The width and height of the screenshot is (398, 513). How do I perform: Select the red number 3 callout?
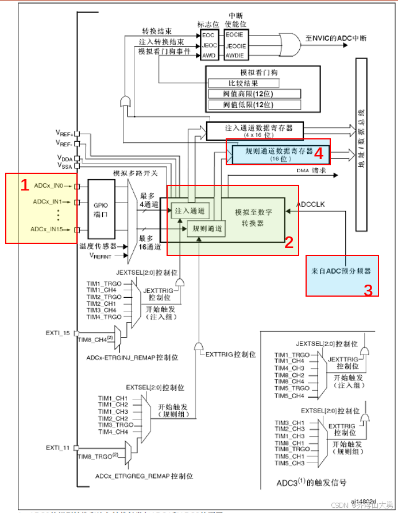click(368, 290)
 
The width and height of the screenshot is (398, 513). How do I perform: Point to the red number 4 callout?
click(319, 153)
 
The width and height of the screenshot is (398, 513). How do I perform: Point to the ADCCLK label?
click(311, 204)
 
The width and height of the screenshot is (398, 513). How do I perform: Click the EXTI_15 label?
click(58, 333)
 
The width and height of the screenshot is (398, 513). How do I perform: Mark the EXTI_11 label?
click(58, 447)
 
